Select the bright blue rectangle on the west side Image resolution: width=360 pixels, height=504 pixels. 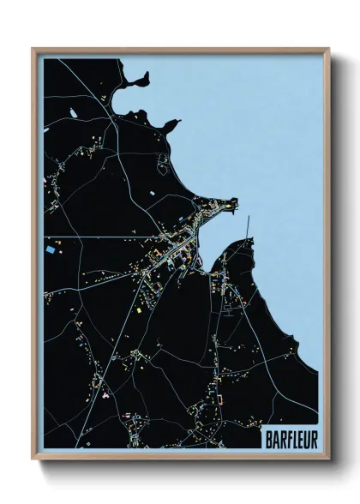pyautogui.click(x=53, y=250)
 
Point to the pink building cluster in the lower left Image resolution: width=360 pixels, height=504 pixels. pyautogui.click(x=105, y=398)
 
